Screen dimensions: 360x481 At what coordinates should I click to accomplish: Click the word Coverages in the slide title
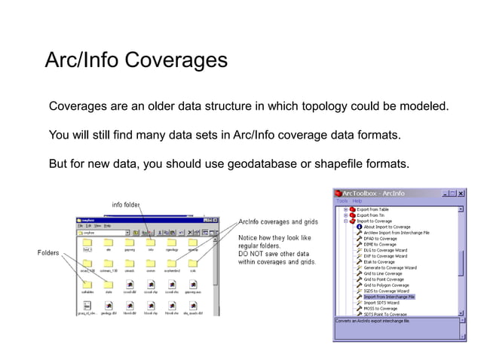coord(179,60)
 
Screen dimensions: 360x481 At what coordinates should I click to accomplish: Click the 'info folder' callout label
coord(126,204)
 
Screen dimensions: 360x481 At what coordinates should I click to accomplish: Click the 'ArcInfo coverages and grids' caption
coord(277,222)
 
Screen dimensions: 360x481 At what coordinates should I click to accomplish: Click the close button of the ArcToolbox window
coord(461,194)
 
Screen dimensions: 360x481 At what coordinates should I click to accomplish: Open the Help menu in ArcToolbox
coord(357,201)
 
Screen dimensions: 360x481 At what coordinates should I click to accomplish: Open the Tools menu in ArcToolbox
coord(342,201)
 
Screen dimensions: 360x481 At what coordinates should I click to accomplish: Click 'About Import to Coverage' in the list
coord(388,227)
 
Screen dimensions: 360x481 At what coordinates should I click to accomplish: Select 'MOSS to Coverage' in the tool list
coord(381,308)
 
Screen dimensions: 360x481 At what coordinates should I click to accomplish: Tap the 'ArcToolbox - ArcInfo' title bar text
coord(375,194)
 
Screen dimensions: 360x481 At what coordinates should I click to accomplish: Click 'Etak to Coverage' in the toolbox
coord(379,261)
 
